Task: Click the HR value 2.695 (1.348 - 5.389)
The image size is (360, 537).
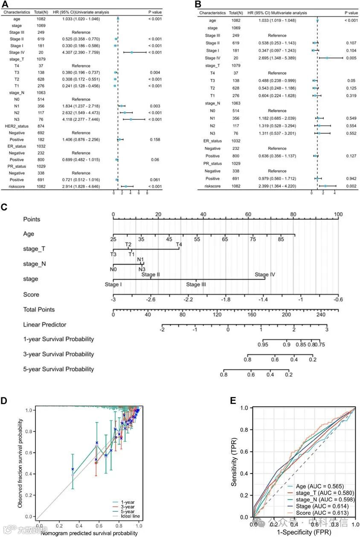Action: click(277, 58)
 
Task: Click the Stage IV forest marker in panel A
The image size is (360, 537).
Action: click(132, 53)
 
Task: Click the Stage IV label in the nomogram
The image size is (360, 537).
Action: click(264, 274)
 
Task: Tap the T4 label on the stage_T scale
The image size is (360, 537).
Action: click(179, 244)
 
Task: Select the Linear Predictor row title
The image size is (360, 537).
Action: click(44, 324)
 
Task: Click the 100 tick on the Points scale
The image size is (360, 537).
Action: click(338, 214)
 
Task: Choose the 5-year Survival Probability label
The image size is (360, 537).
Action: click(58, 369)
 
